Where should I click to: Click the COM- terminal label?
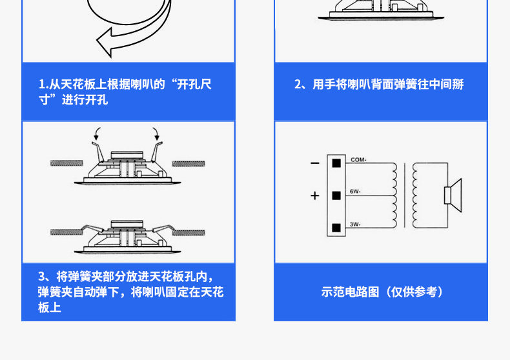(x=358, y=159)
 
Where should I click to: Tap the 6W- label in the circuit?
(x=356, y=192)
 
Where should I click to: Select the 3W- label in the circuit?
(x=356, y=225)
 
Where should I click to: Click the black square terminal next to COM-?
(x=336, y=163)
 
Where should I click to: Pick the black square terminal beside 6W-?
(x=336, y=195)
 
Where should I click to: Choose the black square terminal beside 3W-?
(x=336, y=227)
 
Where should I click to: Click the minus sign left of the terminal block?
(x=314, y=163)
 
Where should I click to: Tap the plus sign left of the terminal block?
(x=315, y=195)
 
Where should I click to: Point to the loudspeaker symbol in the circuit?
(x=451, y=194)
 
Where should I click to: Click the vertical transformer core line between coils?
(x=405, y=194)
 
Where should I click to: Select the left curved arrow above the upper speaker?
(x=97, y=134)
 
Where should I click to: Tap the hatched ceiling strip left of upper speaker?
(x=66, y=162)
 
